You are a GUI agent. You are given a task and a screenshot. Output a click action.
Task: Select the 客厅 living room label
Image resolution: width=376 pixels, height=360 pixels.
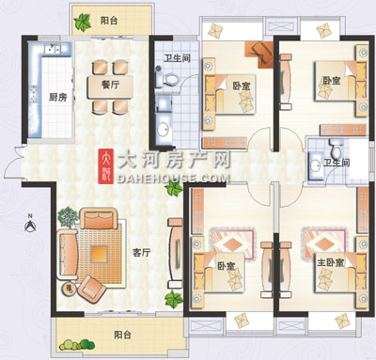pyautogui.click(x=142, y=252)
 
